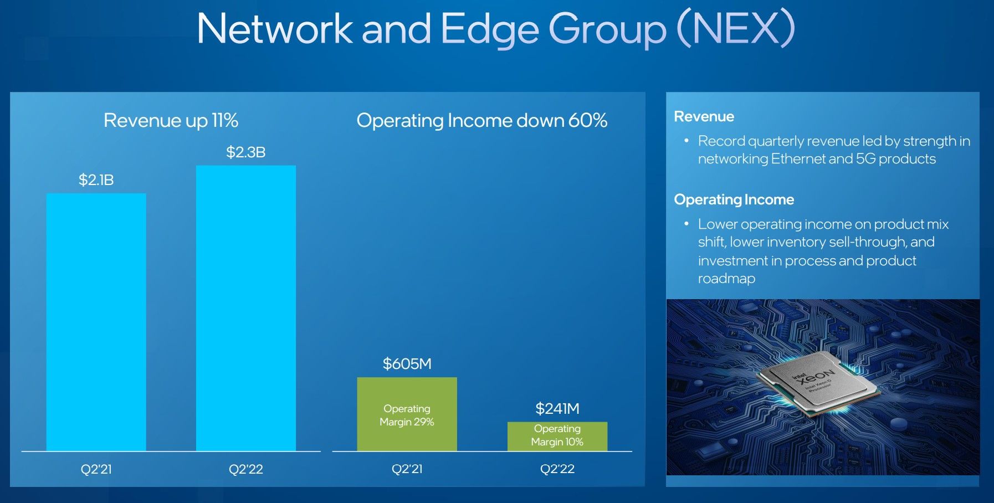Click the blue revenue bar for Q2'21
coord(96,322)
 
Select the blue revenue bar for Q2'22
coord(246,308)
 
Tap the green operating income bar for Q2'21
coord(407,414)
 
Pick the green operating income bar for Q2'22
coord(557,437)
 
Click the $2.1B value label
coord(96,179)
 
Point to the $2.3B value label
coord(246,152)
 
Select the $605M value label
coord(407,363)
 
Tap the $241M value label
coord(557,408)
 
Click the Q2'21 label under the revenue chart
coord(96,469)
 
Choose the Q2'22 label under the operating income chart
coord(557,469)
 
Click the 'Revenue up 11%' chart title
coord(171,121)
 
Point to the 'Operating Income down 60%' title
coord(482,121)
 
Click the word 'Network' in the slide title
coord(275,28)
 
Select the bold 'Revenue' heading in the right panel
coord(704,116)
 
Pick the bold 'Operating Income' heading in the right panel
coord(734,199)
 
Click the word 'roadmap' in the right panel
coord(726,279)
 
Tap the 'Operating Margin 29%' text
coord(407,415)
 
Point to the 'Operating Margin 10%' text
coord(557,435)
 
